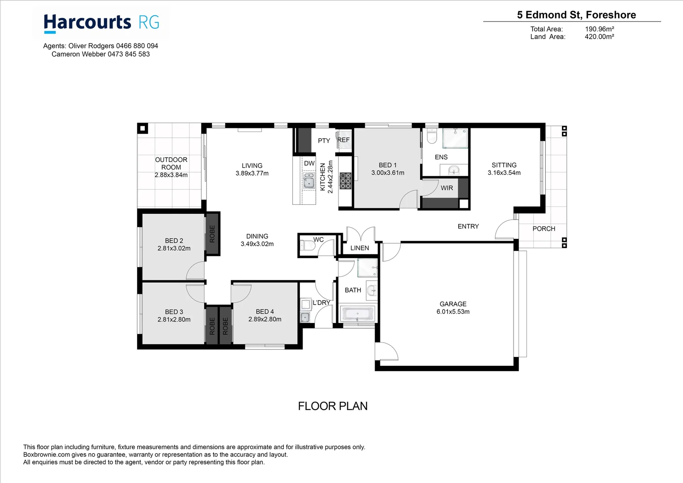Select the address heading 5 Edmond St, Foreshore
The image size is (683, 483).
(x=576, y=15)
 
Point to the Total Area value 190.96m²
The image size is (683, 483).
(x=599, y=29)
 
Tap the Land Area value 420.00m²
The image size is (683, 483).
(x=599, y=37)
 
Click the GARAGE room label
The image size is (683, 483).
(x=453, y=304)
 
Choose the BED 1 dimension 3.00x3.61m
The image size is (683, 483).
(x=388, y=173)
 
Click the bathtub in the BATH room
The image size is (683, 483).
(x=357, y=314)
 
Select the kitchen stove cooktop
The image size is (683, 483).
(x=345, y=181)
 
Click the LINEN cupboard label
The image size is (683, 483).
(x=359, y=248)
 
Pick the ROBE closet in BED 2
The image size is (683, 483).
(x=212, y=234)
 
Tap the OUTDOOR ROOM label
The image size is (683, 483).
(x=171, y=163)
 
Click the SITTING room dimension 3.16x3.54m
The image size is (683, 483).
(x=504, y=173)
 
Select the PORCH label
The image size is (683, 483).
(x=544, y=229)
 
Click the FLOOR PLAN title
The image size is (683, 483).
(x=333, y=406)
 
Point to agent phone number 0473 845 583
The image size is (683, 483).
(x=129, y=54)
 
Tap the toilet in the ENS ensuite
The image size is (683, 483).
(x=431, y=136)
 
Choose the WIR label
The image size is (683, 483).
(x=447, y=188)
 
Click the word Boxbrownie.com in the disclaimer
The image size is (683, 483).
(x=46, y=454)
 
